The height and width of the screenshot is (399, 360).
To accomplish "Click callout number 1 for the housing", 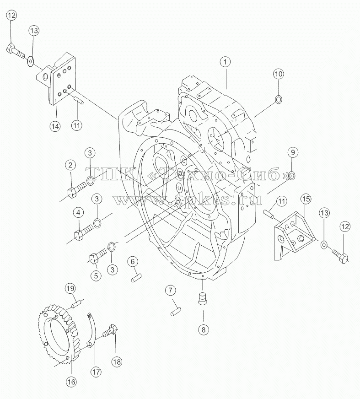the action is (x=225, y=62).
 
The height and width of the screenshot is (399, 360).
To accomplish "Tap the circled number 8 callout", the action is (x=203, y=330).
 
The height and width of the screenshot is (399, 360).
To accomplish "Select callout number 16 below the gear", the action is (x=71, y=382).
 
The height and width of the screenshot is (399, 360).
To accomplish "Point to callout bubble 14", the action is (x=55, y=126).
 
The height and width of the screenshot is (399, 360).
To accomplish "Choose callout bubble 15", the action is (x=306, y=199).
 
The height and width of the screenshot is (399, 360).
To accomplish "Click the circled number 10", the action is (x=278, y=74).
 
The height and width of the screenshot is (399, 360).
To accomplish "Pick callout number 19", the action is (x=70, y=288).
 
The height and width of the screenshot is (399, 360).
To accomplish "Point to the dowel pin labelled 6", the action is (x=137, y=277).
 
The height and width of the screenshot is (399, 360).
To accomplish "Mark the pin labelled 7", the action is (x=176, y=312).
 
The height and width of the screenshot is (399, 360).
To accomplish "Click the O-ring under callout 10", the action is (x=278, y=99).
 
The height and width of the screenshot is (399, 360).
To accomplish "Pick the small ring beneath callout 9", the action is (x=292, y=175).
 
